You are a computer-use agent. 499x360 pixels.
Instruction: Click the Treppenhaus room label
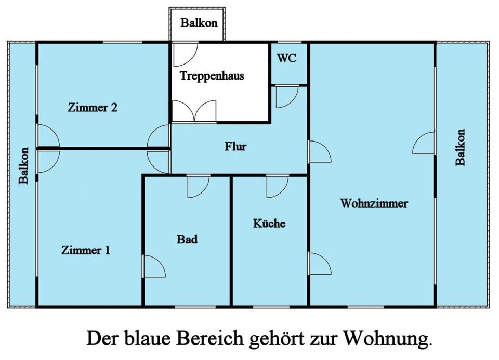click(212, 76)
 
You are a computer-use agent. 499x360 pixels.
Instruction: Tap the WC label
click(286, 58)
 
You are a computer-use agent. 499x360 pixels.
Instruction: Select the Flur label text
click(235, 146)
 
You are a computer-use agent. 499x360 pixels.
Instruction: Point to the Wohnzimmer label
click(374, 203)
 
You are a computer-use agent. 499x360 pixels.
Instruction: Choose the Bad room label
click(187, 239)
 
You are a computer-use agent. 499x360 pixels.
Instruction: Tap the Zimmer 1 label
click(86, 250)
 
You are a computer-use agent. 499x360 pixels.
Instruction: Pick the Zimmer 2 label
click(93, 108)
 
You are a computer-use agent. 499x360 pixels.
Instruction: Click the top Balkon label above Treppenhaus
click(199, 23)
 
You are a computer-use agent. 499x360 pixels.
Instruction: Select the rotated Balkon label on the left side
click(23, 165)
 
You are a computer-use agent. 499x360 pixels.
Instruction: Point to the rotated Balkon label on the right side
click(461, 147)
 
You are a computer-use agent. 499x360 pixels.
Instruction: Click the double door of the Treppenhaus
click(193, 111)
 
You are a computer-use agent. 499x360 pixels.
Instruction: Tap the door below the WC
click(286, 97)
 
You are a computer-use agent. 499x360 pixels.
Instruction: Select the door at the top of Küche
click(277, 187)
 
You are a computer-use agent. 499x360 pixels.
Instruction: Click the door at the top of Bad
click(198, 187)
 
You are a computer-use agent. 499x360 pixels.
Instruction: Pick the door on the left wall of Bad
click(154, 266)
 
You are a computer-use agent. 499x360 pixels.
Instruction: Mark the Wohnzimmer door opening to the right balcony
click(424, 143)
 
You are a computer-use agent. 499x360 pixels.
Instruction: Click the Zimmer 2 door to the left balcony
click(47, 136)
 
